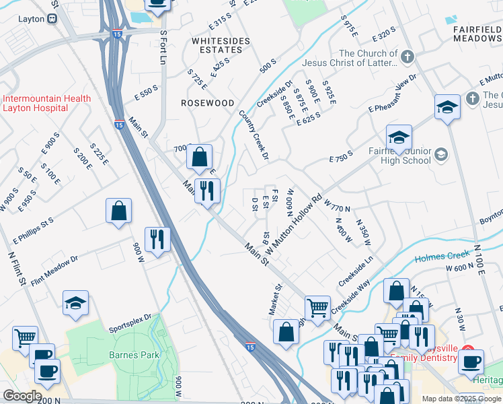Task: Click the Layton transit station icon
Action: coord(52,20)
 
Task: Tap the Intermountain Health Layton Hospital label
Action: coord(46,104)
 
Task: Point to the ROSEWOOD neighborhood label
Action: coord(208,103)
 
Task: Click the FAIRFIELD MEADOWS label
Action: coord(473,34)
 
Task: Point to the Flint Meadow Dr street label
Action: coord(54,268)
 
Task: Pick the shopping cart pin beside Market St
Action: coord(317,308)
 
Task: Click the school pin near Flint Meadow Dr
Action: coord(76,303)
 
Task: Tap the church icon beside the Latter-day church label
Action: coord(407,59)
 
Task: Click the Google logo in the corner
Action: coord(22,396)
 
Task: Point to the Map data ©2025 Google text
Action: coord(461,399)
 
